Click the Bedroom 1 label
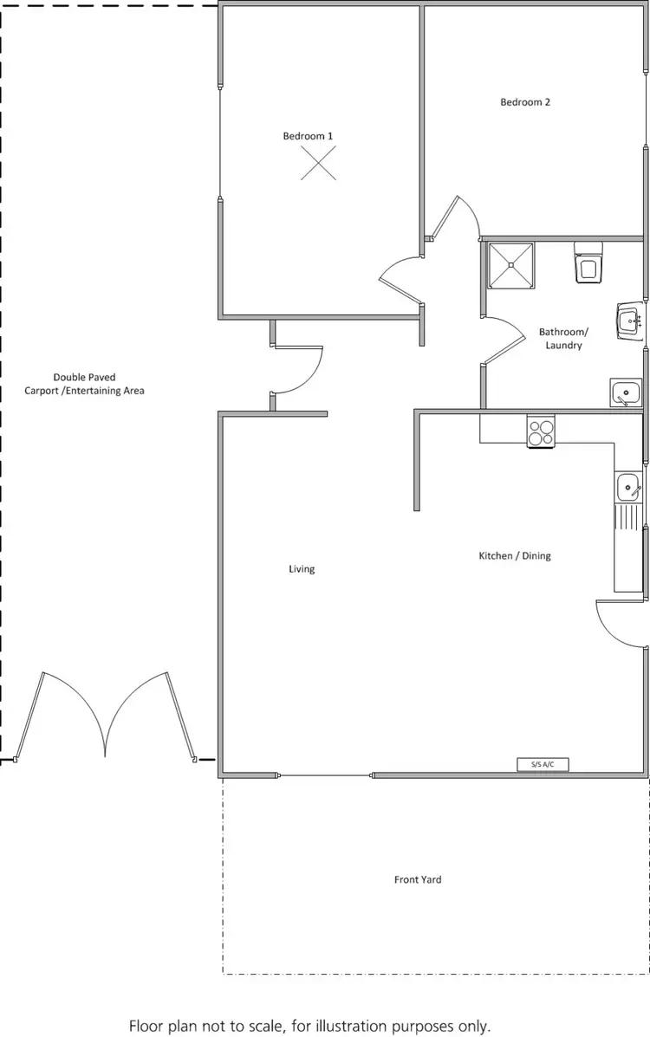pyautogui.click(x=308, y=136)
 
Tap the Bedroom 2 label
pyautogui.click(x=525, y=102)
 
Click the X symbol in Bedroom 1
pyautogui.click(x=318, y=163)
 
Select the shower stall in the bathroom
pyautogui.click(x=511, y=264)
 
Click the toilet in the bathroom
pyautogui.click(x=589, y=263)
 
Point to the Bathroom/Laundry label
pyautogui.click(x=563, y=339)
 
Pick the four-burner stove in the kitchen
pyautogui.click(x=542, y=431)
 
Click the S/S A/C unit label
pyautogui.click(x=543, y=764)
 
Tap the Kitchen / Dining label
pyautogui.click(x=515, y=555)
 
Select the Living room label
pyautogui.click(x=302, y=569)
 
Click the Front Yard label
pyautogui.click(x=418, y=879)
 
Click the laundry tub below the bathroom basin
pyautogui.click(x=624, y=392)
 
